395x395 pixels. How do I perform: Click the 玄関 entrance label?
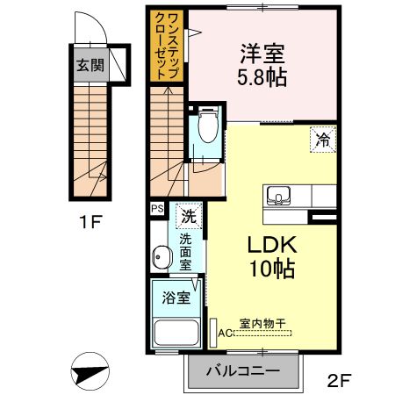tap(90, 65)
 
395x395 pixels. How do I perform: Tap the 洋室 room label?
tap(262, 54)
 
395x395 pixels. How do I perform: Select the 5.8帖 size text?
tap(262, 78)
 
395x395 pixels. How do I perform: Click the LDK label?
tap(272, 245)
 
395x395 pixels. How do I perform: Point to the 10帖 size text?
tap(272, 269)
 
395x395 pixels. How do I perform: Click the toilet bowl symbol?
tap(208, 126)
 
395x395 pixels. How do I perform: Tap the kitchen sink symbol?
tap(278, 196)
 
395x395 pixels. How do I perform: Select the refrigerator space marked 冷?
tap(323, 140)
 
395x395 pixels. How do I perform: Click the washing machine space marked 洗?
tap(189, 216)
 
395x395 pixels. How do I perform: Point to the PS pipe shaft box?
tap(157, 209)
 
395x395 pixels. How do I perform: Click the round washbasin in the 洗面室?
tap(162, 257)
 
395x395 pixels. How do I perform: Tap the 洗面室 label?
tap(185, 252)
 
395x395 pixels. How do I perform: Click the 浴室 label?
tap(176, 298)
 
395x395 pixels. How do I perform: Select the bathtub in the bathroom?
tap(176, 333)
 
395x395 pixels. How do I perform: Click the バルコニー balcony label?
tap(243, 371)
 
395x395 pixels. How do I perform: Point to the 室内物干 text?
tap(262, 323)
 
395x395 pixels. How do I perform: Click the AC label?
tap(226, 333)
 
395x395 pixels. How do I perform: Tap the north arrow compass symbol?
tap(90, 371)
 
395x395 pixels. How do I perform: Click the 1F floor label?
tap(90, 222)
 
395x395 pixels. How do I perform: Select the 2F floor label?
tap(339, 380)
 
